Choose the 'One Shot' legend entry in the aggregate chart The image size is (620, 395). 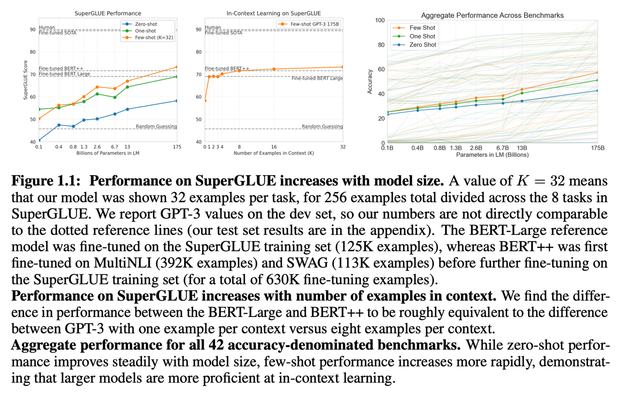(x=422, y=36)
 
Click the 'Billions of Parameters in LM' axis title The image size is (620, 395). (x=108, y=153)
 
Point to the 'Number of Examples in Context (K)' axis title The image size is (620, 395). (x=274, y=153)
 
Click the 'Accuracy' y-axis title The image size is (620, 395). (x=370, y=81)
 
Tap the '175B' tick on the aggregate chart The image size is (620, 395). (x=598, y=148)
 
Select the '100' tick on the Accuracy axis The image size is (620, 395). (x=380, y=20)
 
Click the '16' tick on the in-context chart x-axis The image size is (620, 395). (x=274, y=147)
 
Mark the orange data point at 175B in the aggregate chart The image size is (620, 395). (x=598, y=73)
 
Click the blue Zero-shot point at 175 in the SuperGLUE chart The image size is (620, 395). (x=177, y=101)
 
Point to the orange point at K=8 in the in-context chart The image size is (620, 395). (x=239, y=71)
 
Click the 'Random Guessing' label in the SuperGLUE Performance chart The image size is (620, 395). (x=156, y=126)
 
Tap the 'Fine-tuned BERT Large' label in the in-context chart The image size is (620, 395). (x=317, y=78)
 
